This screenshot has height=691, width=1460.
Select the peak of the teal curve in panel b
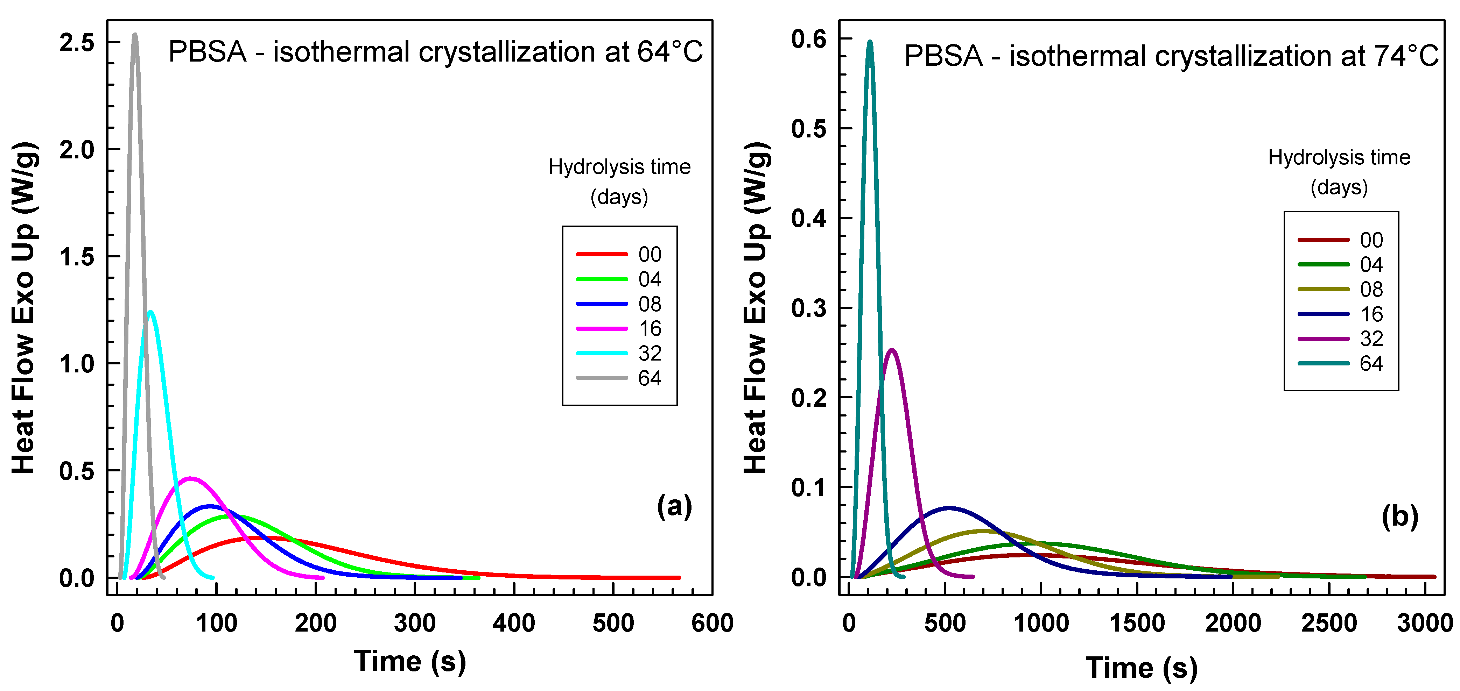tap(869, 41)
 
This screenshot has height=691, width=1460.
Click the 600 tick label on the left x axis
tap(712, 624)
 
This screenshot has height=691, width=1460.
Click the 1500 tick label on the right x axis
tap(1137, 624)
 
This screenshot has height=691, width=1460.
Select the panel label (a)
tap(674, 505)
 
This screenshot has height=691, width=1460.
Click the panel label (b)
tap(1399, 517)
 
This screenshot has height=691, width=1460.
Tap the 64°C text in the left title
tap(670, 52)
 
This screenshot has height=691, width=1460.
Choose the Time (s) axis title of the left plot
tap(410, 661)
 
